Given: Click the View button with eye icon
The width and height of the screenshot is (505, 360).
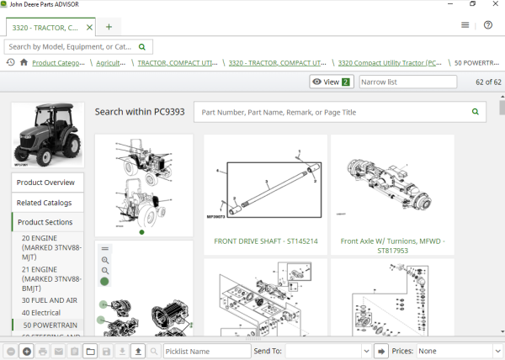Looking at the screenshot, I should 331,82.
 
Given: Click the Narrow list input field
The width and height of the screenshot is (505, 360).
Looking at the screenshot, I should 407,82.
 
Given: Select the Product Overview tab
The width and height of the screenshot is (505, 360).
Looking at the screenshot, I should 46,183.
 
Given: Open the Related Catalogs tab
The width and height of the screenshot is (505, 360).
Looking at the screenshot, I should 45,203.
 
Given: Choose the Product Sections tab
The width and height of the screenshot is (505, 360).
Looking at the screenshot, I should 45,222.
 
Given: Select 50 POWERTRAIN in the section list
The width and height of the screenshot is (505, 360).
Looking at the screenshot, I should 50,325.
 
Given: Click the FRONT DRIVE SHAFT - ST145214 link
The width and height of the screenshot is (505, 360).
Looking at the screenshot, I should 265,241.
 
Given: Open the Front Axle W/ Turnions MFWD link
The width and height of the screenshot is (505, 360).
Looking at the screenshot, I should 391,245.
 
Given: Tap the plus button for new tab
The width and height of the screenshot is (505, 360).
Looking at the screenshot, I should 109,27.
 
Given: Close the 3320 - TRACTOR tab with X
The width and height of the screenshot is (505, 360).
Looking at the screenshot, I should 89,27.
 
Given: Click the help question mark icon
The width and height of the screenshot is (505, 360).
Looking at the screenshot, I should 488,25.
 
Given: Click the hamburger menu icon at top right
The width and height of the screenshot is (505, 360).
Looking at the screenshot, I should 465,25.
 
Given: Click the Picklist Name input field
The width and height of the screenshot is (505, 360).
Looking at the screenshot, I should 206,351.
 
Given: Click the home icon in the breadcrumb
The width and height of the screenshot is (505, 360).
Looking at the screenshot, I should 24,62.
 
